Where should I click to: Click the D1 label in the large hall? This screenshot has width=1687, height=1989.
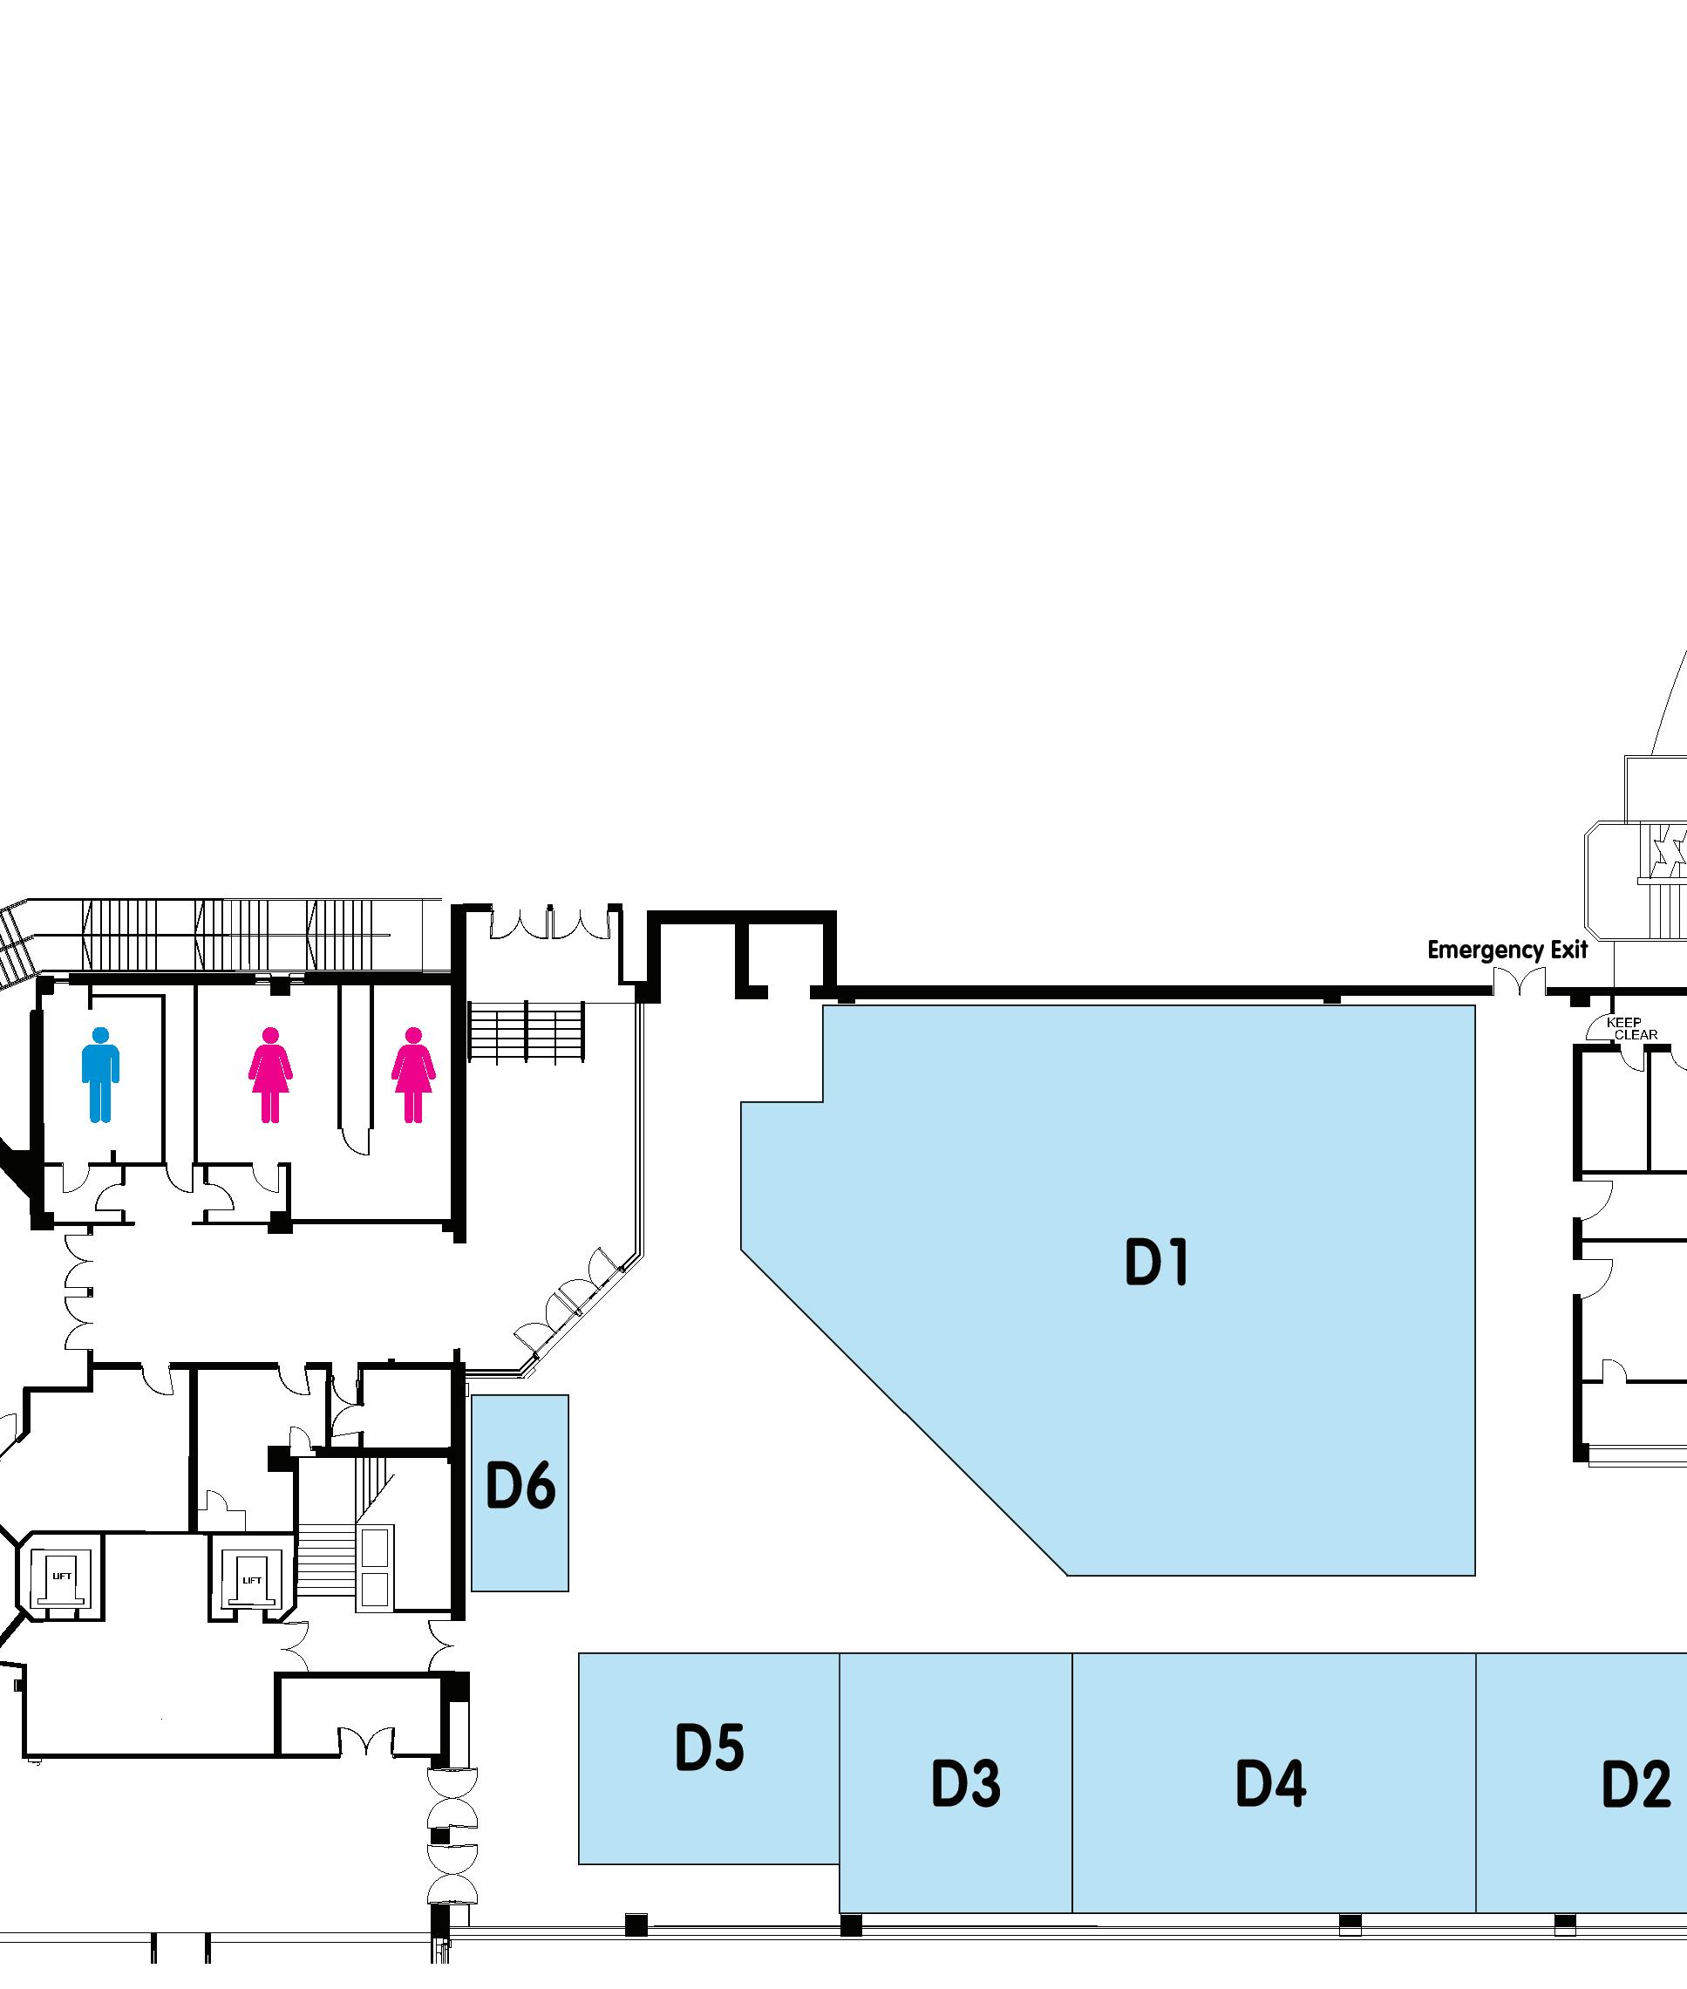(1156, 1263)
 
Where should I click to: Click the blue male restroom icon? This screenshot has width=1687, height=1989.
(100, 1074)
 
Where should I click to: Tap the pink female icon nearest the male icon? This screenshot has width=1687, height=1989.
(269, 1074)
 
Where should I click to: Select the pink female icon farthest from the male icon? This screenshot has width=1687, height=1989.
(413, 1074)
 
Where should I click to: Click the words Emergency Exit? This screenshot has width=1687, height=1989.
(1507, 950)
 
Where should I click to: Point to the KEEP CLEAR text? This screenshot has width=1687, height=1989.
(1630, 1028)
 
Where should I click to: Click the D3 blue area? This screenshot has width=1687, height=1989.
(956, 1864)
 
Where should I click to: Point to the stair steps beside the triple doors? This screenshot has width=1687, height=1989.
(525, 1032)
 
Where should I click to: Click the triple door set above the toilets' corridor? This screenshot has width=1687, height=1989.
(550, 923)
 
